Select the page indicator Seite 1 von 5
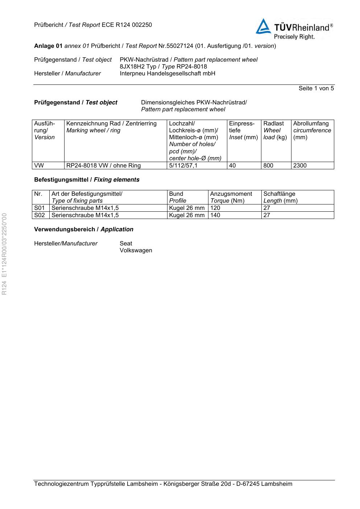316,88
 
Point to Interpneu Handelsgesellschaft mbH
167,73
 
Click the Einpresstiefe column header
243,130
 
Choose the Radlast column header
275,130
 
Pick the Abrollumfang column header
312,130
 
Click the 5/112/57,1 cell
183,165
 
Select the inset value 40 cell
232,165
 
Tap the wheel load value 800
268,165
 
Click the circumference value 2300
300,165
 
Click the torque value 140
215,215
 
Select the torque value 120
215,208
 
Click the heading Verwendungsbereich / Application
83,229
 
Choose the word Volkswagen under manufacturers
136,251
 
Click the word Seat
126,243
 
